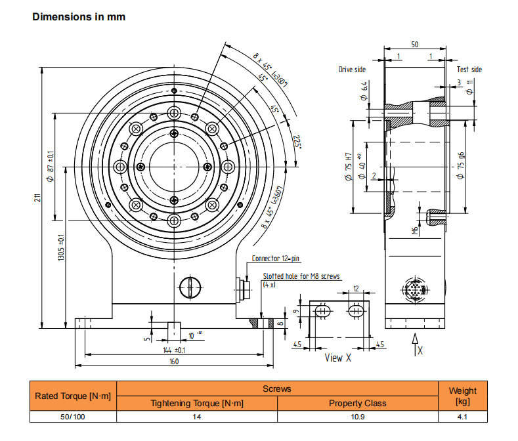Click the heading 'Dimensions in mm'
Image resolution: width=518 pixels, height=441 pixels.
click(79, 17)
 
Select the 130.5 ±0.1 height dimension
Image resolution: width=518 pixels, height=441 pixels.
click(60, 249)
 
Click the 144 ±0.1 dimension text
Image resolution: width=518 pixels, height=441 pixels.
click(173, 350)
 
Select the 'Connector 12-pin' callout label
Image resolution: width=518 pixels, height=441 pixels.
click(276, 259)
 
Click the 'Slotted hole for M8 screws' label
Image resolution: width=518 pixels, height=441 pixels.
click(301, 276)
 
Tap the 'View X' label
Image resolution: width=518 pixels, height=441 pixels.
click(338, 358)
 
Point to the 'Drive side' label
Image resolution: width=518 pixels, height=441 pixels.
click(352, 69)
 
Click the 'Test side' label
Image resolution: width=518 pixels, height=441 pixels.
click(469, 69)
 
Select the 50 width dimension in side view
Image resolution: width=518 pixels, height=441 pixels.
click(415, 44)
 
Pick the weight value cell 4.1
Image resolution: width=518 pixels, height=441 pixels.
click(463, 416)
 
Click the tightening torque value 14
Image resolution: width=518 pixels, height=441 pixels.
click(197, 416)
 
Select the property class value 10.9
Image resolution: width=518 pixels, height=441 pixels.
click(357, 416)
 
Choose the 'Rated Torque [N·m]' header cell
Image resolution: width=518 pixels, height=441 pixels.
click(73, 396)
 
